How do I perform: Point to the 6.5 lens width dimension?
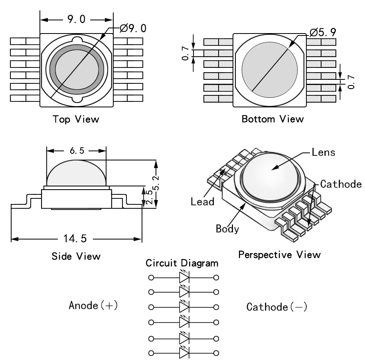(x=76, y=151)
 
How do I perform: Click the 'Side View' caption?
(x=76, y=256)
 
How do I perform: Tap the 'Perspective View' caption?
(x=279, y=254)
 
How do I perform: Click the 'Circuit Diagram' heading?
(x=182, y=264)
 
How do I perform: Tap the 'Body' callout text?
(x=227, y=229)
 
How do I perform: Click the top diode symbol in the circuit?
(x=184, y=277)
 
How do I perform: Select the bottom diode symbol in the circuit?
(x=184, y=352)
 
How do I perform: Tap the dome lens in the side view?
(x=76, y=172)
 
